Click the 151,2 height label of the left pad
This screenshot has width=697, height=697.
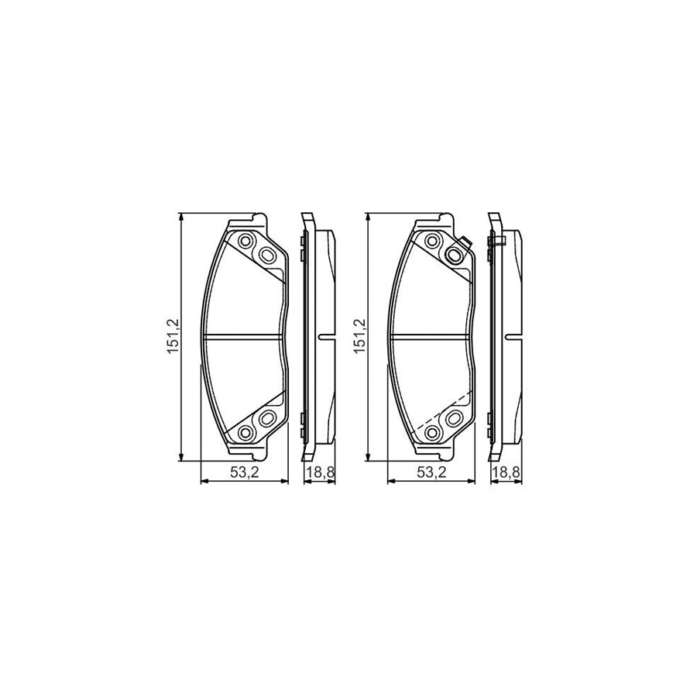175,336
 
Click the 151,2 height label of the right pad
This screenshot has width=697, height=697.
361,336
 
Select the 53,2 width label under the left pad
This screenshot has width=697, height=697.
244,474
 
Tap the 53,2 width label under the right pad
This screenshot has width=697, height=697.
431,474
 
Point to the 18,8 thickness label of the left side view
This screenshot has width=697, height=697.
318,474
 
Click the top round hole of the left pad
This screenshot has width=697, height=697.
247,241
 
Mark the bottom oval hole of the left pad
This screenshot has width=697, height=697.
267,419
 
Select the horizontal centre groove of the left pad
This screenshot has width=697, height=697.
244,336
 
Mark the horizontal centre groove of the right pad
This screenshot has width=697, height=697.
431,336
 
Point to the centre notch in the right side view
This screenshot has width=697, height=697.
512,336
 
